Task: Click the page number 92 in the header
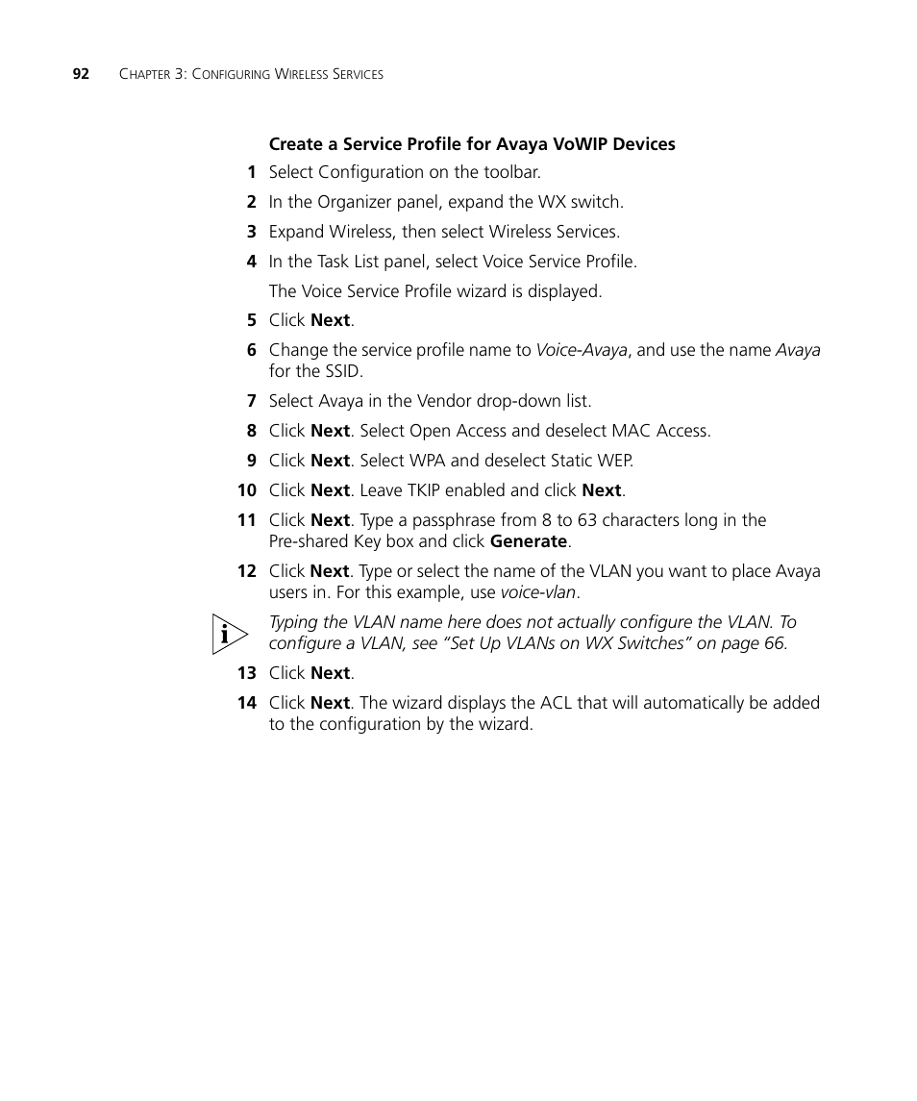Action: pyautogui.click(x=81, y=74)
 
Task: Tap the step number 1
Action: pyautogui.click(x=251, y=173)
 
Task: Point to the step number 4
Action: pyautogui.click(x=251, y=262)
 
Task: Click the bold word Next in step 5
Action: pyautogui.click(x=331, y=321)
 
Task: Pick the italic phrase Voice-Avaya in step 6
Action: pyautogui.click(x=582, y=351)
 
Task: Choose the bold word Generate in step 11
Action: pyautogui.click(x=529, y=541)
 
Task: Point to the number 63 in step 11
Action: pyautogui.click(x=587, y=520)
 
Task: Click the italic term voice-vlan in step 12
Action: pyautogui.click(x=537, y=593)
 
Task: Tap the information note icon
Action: pyautogui.click(x=230, y=634)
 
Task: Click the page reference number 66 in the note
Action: pyautogui.click(x=774, y=643)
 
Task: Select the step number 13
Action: pyautogui.click(x=247, y=673)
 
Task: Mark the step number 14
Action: pyautogui.click(x=247, y=703)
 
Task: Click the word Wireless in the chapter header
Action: pyautogui.click(x=302, y=74)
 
